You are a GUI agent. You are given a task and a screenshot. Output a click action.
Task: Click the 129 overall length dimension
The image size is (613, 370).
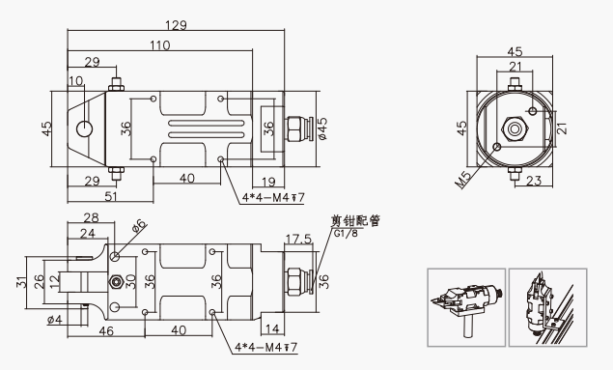176,25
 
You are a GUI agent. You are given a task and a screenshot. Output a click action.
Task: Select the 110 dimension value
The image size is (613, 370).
160,45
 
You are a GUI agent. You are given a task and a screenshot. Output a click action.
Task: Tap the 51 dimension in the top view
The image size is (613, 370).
111,196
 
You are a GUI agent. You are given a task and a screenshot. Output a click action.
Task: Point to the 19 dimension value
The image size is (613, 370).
268,182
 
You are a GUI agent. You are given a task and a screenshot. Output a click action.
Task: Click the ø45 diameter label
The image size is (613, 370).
323,128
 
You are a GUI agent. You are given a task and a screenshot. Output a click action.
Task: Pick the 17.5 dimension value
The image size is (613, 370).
298,239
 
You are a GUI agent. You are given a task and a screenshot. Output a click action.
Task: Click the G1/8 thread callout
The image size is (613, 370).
346,234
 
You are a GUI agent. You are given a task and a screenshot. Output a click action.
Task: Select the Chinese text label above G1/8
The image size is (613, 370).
355,221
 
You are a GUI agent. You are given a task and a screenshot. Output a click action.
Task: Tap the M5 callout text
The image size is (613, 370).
464,180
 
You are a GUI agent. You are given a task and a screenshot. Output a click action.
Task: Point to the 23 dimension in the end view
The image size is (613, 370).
534,181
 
